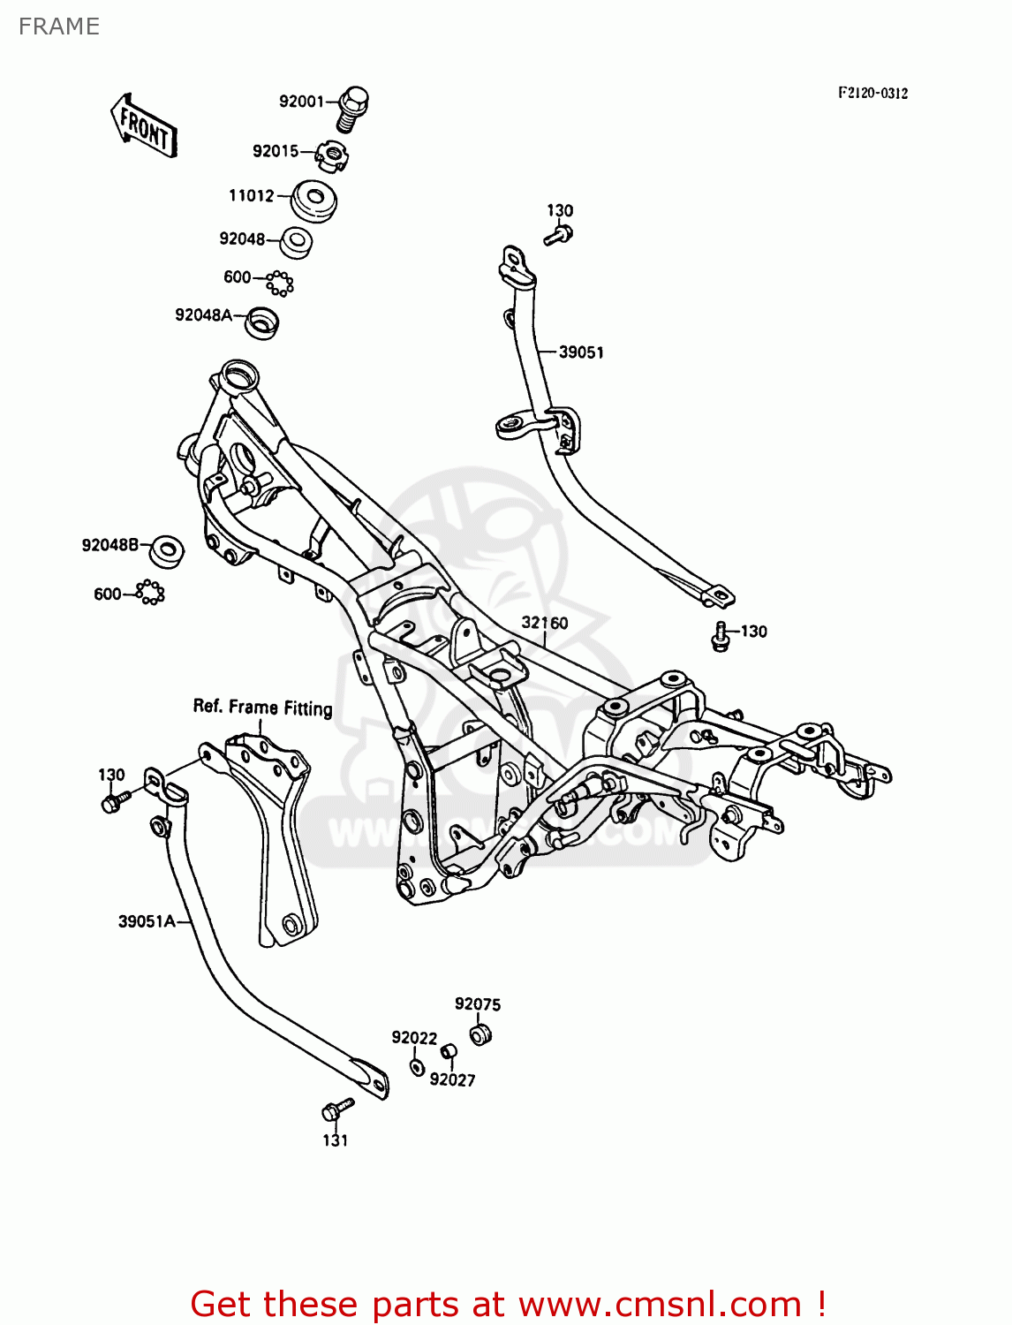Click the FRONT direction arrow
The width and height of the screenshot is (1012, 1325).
pyautogui.click(x=144, y=127)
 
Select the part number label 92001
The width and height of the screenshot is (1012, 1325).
pyautogui.click(x=301, y=102)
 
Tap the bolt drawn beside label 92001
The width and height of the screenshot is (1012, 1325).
pyautogui.click(x=352, y=108)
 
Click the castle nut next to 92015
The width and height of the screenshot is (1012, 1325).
pyautogui.click(x=332, y=157)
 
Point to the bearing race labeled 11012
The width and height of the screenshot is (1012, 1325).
pyautogui.click(x=313, y=201)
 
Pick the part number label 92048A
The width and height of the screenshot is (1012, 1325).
pyautogui.click(x=203, y=315)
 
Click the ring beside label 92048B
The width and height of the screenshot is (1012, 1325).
pyautogui.click(x=166, y=550)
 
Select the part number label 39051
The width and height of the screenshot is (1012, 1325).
pyautogui.click(x=581, y=352)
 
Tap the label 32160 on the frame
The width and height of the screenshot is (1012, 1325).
pyautogui.click(x=545, y=623)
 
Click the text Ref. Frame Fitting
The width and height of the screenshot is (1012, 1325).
pyautogui.click(x=262, y=708)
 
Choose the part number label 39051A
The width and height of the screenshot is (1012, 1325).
pyautogui.click(x=147, y=921)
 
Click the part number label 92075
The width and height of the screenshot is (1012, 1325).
pyautogui.click(x=478, y=1004)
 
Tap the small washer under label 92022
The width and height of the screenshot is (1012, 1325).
pyautogui.click(x=418, y=1067)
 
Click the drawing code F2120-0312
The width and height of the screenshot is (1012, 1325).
pyautogui.click(x=872, y=93)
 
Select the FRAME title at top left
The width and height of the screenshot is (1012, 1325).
pyautogui.click(x=58, y=26)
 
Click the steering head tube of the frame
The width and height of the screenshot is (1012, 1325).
pyautogui.click(x=238, y=375)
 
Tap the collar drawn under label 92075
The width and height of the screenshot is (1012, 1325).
pyautogui.click(x=480, y=1033)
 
